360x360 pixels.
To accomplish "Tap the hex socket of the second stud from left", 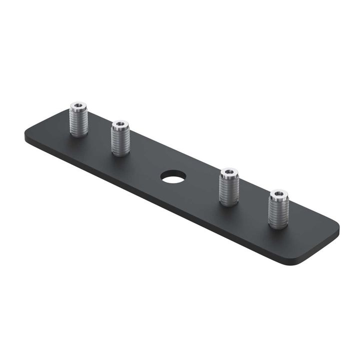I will pos(120,124).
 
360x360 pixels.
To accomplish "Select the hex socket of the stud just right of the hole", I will pos(229,172).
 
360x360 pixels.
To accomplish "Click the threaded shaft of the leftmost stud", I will pos(79,122).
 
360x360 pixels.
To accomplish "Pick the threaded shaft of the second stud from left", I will pos(121,141).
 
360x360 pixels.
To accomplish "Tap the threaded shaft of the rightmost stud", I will pos(278,212).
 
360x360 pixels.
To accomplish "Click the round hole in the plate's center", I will pos(173,176).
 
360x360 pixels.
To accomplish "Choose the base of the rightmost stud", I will pos(278,225).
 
